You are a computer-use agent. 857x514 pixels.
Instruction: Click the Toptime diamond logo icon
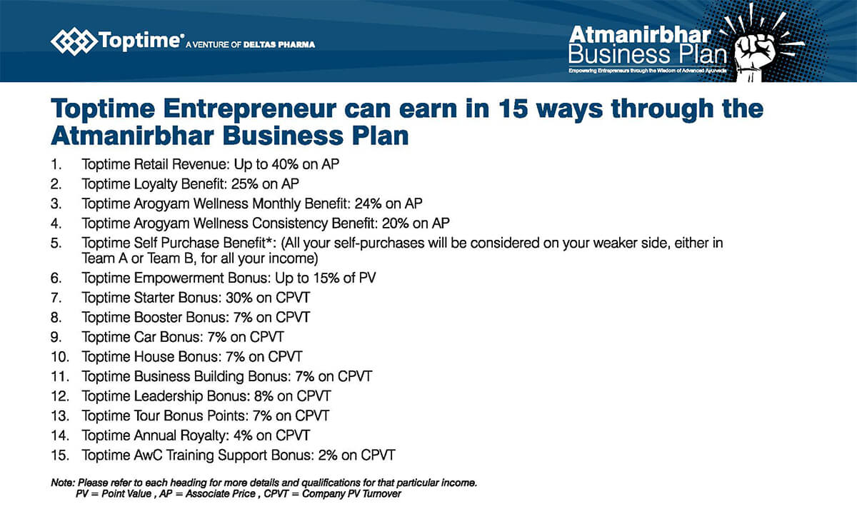(74, 41)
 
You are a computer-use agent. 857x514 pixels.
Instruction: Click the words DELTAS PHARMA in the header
(279, 45)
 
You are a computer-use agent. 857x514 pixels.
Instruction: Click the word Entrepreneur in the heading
(250, 109)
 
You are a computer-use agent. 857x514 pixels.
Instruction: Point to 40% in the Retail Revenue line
(285, 164)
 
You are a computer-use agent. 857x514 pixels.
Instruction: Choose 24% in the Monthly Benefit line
(368, 203)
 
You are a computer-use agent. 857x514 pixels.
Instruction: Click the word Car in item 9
(145, 337)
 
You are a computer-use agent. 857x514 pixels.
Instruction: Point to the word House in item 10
(153, 357)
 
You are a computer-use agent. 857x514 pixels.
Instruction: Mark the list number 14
(60, 435)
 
